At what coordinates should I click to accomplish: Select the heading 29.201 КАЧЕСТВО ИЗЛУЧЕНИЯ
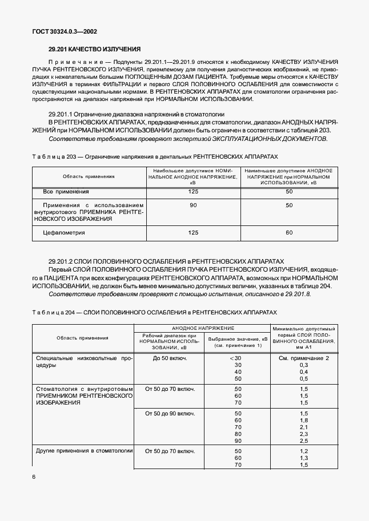[x=94, y=50]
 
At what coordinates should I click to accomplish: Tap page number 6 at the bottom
[x=34, y=476]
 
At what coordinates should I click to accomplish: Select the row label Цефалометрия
[x=64, y=232]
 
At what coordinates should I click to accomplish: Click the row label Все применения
[x=66, y=192]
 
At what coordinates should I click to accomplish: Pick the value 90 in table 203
[x=193, y=205]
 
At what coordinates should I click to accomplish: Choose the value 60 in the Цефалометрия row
[x=289, y=232]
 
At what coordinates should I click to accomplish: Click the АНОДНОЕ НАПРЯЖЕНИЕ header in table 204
[x=202, y=328]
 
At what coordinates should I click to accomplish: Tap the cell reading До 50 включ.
[x=170, y=358]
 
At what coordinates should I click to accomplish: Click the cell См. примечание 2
[x=304, y=358]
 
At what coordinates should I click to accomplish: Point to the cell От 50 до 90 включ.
[x=170, y=413]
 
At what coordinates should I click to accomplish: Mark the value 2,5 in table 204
[x=304, y=441]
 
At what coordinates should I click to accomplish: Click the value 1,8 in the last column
[x=304, y=420]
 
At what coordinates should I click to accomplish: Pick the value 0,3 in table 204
[x=304, y=365]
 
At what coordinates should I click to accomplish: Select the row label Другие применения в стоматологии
[x=85, y=451]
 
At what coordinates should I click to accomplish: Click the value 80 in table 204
[x=238, y=434]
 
